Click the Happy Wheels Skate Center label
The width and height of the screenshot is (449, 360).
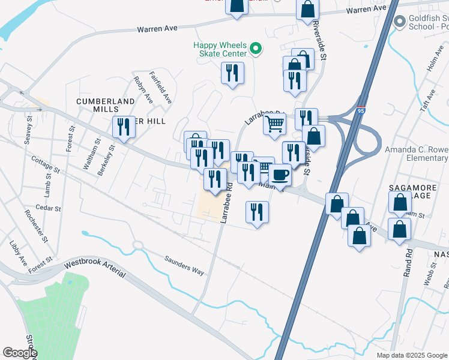point(219,49)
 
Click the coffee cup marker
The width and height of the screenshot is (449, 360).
point(279,175)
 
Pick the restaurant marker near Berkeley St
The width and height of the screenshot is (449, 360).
point(124,127)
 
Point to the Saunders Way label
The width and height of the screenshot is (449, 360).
point(185,264)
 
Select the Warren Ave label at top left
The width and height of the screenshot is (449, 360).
point(159,28)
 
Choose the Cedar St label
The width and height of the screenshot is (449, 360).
point(49,209)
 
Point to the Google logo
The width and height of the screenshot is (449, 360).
point(19,353)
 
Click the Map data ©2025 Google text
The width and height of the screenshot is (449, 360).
point(411,355)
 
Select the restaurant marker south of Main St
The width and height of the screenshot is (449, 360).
point(257,212)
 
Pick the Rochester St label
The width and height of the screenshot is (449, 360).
point(37,226)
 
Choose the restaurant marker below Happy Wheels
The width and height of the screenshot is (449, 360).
point(232,74)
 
